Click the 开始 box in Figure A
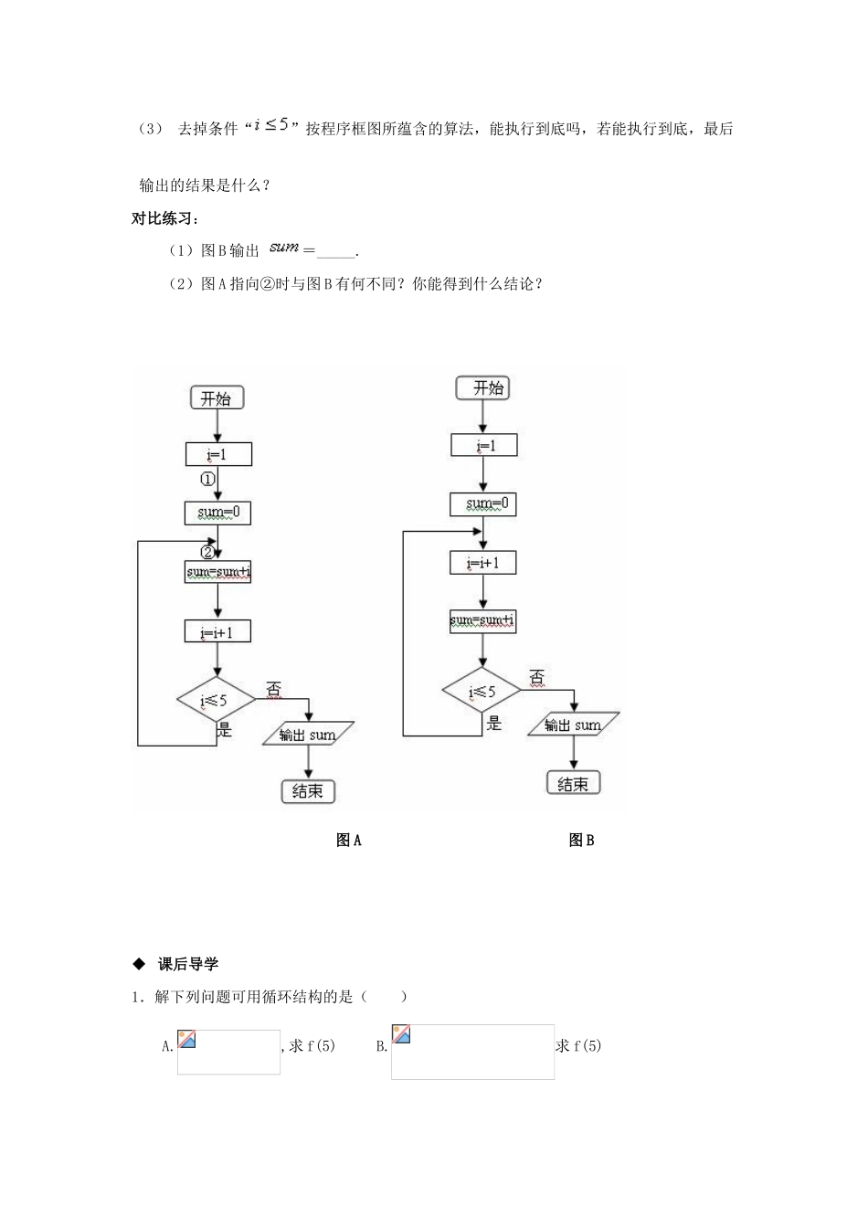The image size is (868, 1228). (x=217, y=398)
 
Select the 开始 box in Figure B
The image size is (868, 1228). (x=482, y=388)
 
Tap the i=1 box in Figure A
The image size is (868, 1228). (x=217, y=454)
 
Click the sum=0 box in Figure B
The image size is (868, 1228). (x=482, y=503)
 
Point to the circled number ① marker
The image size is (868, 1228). (x=207, y=479)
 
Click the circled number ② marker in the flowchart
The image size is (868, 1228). (x=207, y=552)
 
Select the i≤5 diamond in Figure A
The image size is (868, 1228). (x=216, y=701)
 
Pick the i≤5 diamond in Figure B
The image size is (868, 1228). (x=482, y=692)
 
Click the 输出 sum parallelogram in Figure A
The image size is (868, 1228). (x=307, y=735)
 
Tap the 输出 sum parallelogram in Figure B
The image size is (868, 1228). (x=573, y=725)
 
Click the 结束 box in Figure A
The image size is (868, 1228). (x=308, y=791)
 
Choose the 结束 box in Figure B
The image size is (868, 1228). (x=573, y=783)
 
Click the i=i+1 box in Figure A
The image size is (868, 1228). (x=217, y=631)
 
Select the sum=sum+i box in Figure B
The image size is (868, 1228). (x=482, y=621)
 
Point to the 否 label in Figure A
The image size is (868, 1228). (x=273, y=688)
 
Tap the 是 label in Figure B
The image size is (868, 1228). (x=494, y=724)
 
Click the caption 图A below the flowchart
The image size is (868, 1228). (x=349, y=841)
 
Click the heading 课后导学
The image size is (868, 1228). (x=187, y=964)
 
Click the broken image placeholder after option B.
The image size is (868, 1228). (x=472, y=1052)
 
